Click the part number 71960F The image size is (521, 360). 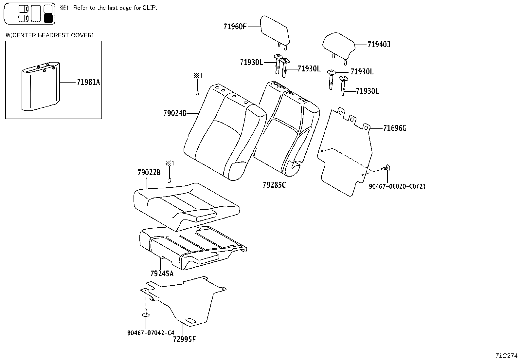click(235, 27)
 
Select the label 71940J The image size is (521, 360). click(379, 44)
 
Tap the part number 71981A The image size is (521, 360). click(88, 82)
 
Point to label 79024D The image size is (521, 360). click(175, 113)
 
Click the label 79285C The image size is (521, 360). click(274, 185)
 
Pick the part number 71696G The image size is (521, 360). click(395, 128)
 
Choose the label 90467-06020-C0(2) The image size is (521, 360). click(397, 186)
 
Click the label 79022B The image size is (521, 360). click(149, 173)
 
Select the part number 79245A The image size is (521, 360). click(162, 273)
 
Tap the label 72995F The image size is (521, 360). click(185, 339)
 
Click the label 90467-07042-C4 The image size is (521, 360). click(151, 333)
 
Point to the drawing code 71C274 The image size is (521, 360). click(507, 355)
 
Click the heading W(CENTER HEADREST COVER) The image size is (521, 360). click(49, 35)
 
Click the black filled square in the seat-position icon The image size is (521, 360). click(48, 18)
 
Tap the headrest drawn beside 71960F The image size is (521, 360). click(274, 31)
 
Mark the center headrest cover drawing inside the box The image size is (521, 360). click(41, 86)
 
